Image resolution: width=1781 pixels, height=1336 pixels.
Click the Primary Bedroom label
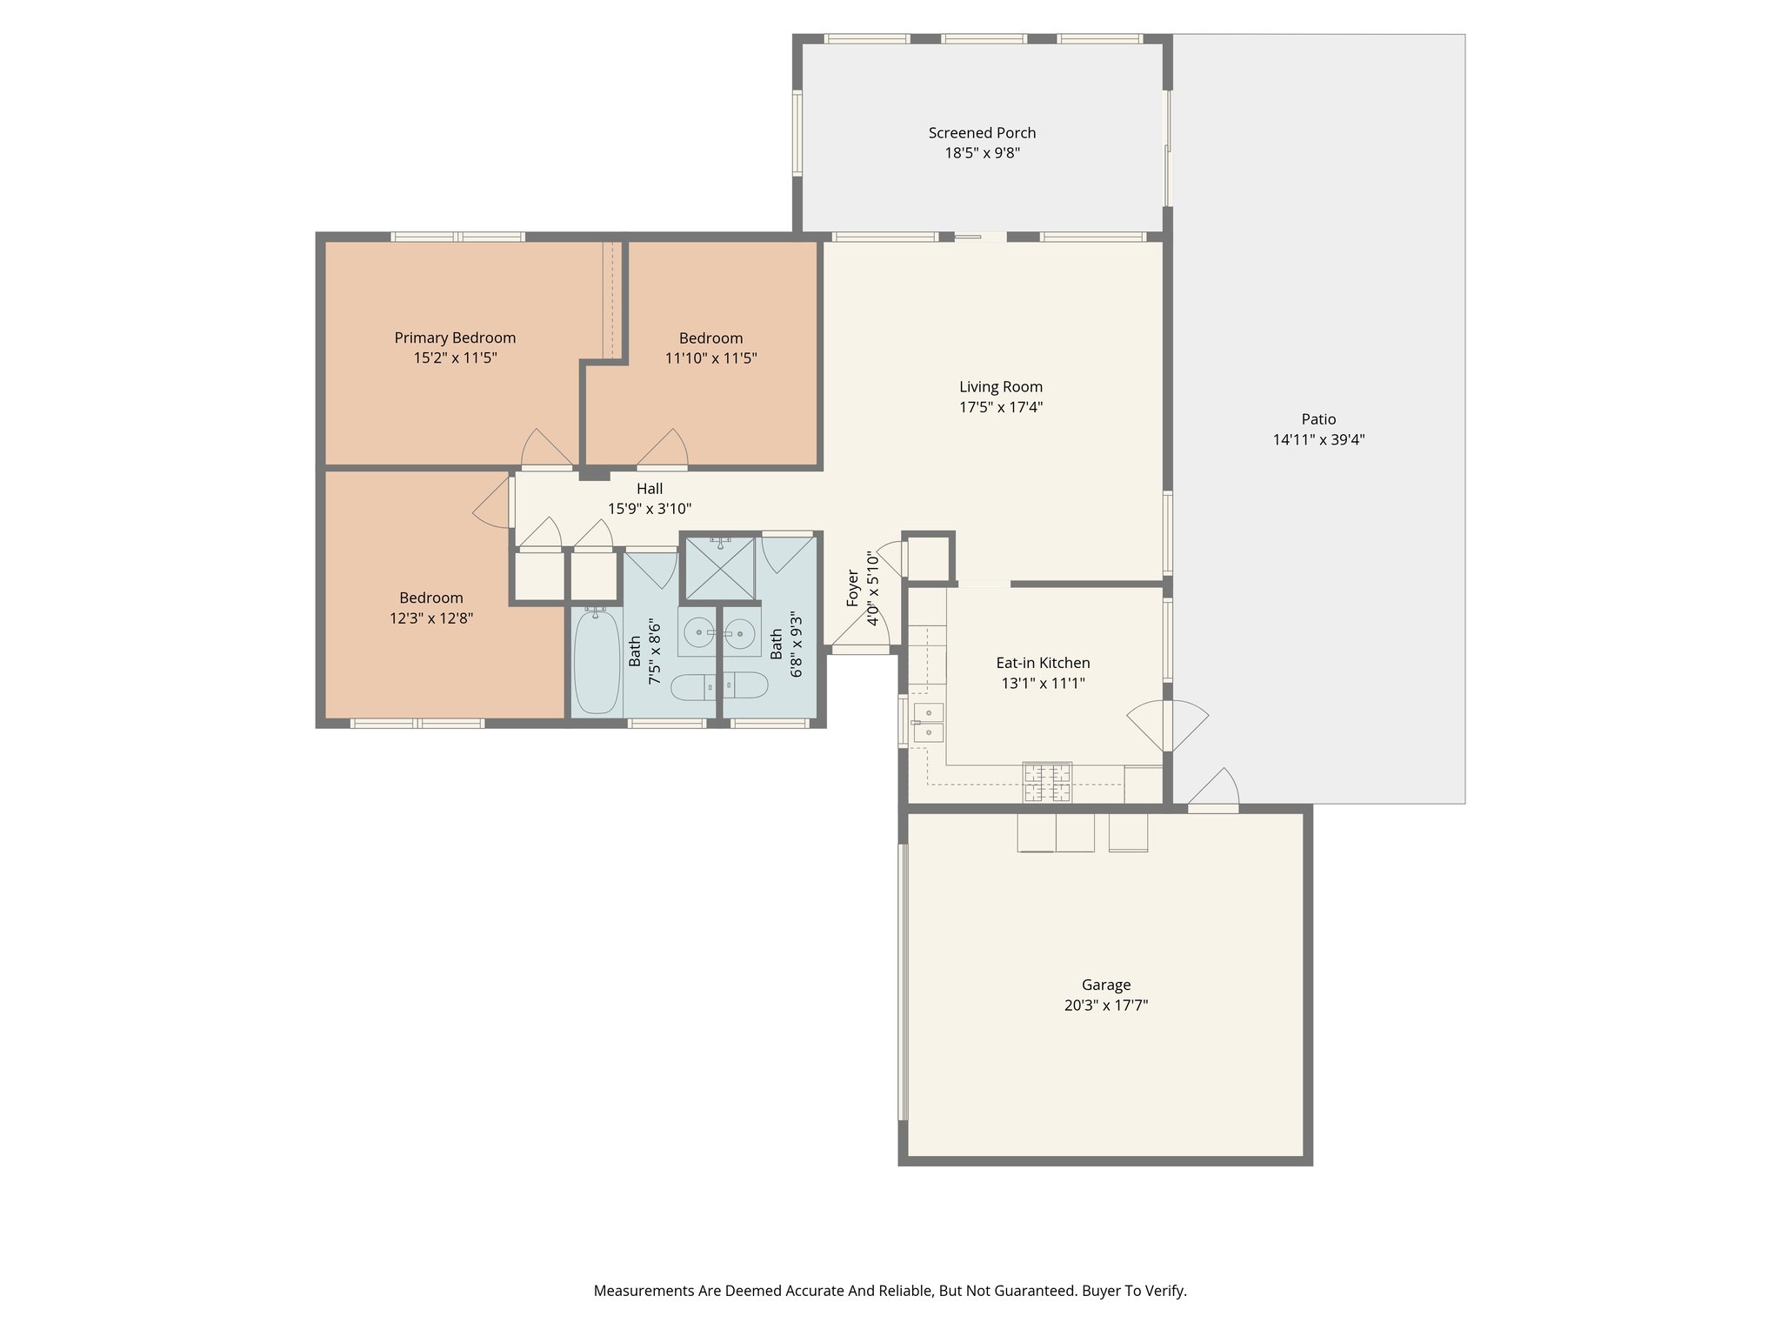455,337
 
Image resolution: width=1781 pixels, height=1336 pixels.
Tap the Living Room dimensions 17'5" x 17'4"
1001,407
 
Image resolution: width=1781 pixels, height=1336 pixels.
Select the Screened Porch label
982,133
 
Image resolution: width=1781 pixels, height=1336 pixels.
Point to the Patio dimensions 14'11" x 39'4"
1318,440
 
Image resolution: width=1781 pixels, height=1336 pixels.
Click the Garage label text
1106,985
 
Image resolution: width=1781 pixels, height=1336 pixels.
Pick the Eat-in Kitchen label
1043,663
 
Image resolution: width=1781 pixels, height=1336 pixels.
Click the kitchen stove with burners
1047,782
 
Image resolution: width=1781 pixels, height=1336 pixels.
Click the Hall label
650,489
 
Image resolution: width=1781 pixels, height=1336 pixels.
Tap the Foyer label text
853,588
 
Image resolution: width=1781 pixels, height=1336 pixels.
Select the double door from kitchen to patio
1168,725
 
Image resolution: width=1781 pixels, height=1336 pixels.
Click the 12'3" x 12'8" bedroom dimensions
431,618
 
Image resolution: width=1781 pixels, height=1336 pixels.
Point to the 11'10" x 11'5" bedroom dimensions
710,358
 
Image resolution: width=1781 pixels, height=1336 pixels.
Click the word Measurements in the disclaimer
644,1291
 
